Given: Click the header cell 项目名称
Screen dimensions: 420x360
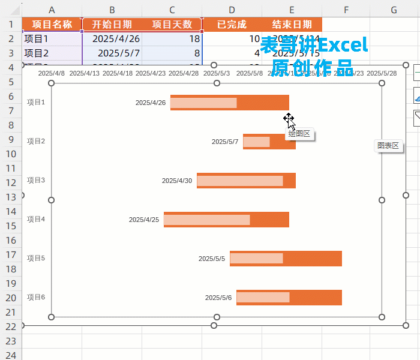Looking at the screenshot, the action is pyautogui.click(x=52, y=25).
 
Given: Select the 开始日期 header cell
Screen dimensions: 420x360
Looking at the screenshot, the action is pyautogui.click(x=112, y=25).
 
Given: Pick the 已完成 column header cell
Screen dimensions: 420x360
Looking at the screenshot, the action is pyautogui.click(x=231, y=25).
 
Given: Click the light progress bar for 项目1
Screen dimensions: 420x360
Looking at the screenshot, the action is pyautogui.click(x=203, y=103).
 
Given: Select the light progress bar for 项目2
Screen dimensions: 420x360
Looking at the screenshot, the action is pyautogui.click(x=256, y=142).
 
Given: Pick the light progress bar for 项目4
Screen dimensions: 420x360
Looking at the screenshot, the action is pyautogui.click(x=207, y=220).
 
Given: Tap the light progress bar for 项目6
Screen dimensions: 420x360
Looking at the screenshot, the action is pyautogui.click(x=263, y=298).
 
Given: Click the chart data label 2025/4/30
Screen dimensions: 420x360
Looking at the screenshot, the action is pyautogui.click(x=177, y=181).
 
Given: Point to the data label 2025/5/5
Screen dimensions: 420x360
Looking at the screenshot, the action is pyautogui.click(x=212, y=259).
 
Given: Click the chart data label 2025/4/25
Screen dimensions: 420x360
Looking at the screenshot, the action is pyautogui.click(x=144, y=220).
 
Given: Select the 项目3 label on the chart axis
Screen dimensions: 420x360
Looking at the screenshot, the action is pyautogui.click(x=36, y=180).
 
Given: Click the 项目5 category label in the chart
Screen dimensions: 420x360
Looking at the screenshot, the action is pyautogui.click(x=36, y=258).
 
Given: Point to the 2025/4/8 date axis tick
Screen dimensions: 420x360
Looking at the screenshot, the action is pyautogui.click(x=51, y=73).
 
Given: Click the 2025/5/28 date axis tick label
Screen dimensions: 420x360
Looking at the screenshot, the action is pyautogui.click(x=382, y=73).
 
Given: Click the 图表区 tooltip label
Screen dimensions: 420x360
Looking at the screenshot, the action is pyautogui.click(x=388, y=146).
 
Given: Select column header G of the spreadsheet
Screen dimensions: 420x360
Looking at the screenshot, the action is pyautogui.click(x=394, y=10).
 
